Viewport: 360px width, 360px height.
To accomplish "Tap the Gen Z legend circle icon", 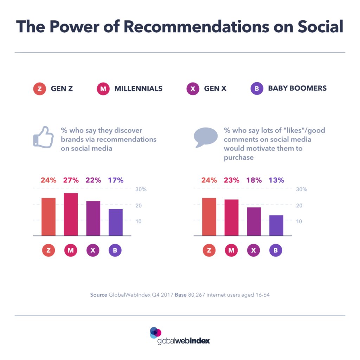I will (x=39, y=89).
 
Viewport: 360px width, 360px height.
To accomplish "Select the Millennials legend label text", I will (x=138, y=89).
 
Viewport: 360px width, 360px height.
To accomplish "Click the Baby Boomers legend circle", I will (x=257, y=89).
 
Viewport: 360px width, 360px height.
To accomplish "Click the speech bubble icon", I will (x=206, y=137).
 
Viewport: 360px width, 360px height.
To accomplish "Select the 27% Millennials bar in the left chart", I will (x=71, y=214).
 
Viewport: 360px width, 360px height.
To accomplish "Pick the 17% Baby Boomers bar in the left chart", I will (x=116, y=222).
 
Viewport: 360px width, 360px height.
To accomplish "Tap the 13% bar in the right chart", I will (x=276, y=225).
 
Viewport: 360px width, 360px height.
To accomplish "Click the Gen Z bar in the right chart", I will (x=209, y=217).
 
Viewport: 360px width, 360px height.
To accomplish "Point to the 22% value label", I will (x=93, y=180).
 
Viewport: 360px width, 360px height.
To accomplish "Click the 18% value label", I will (x=254, y=180).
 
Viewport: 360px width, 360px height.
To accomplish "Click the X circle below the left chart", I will (x=93, y=250).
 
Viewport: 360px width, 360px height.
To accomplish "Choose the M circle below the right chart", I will (x=231, y=250).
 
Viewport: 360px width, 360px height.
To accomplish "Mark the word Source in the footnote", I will (x=98, y=295).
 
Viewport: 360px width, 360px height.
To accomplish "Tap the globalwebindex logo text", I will (x=184, y=341).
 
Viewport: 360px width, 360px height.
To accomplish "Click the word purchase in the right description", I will (x=239, y=157).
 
